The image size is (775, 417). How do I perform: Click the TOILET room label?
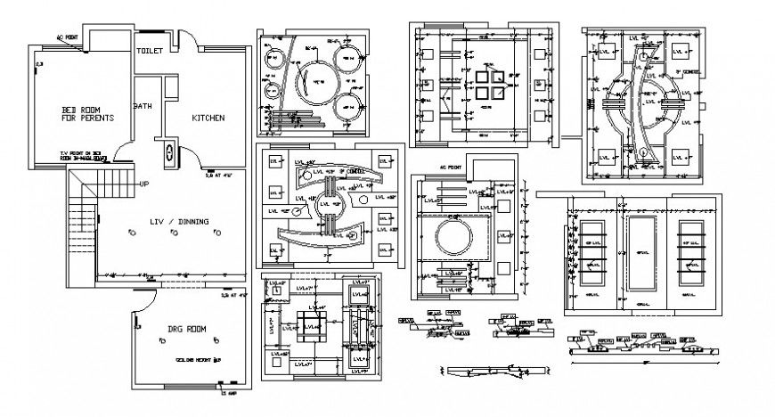[x=149, y=52]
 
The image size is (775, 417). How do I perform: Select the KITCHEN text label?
[x=208, y=118]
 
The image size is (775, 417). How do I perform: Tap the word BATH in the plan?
[x=143, y=105]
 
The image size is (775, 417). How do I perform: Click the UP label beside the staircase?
[x=143, y=184]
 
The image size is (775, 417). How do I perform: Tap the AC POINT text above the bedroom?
[x=69, y=37]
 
